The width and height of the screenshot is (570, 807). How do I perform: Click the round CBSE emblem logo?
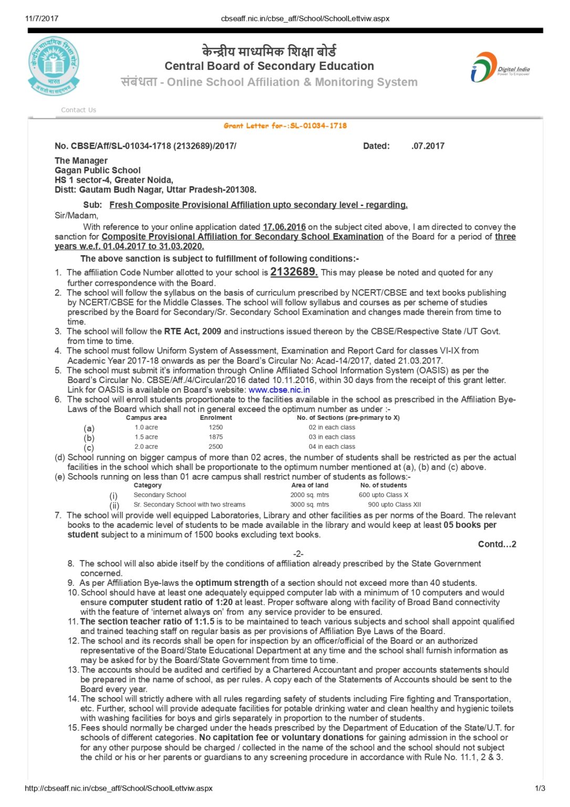coord(54,66)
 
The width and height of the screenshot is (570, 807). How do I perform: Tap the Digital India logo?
coord(500,67)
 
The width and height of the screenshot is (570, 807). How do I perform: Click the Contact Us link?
coord(78,110)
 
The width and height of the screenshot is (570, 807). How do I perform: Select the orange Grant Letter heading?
coord(285,126)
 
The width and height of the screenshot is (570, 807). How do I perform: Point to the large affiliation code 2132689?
coord(294,272)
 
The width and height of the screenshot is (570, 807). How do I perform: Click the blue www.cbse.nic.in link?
coord(279,390)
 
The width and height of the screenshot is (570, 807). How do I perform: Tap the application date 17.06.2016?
coord(284,227)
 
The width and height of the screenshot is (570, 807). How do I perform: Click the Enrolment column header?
coord(215,418)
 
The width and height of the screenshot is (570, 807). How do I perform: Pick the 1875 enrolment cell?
coord(215,437)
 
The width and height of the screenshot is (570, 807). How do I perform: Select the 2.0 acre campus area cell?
coord(146,447)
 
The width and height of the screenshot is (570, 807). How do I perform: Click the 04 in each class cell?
coord(331,447)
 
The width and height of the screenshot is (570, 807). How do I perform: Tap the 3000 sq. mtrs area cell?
coord(309,504)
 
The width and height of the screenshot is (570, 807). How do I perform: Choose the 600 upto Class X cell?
coord(383,495)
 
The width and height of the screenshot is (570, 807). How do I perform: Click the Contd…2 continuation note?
coord(496,544)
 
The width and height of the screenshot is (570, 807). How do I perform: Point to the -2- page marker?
coord(298,554)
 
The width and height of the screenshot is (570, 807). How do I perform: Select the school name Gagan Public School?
coord(98,170)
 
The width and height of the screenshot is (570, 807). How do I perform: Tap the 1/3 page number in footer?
coord(540,788)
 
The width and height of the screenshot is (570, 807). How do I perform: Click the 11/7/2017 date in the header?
coord(42,18)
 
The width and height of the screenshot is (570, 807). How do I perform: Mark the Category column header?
coord(148,485)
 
